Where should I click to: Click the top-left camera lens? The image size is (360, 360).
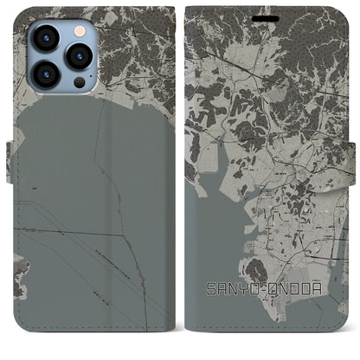coord(46,38)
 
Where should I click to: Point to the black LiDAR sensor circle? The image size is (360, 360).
coord(79,82)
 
